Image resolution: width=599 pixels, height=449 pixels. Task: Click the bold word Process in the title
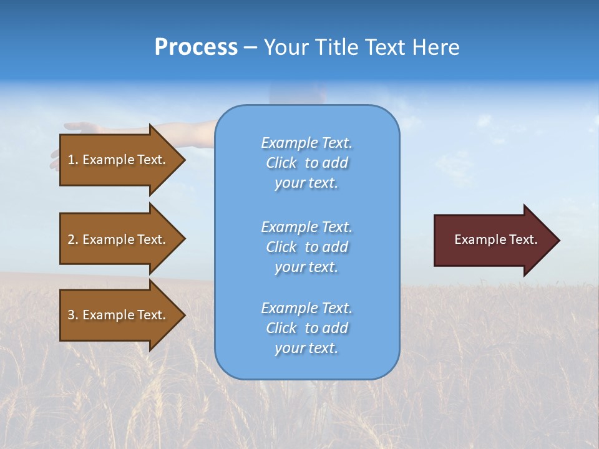196,47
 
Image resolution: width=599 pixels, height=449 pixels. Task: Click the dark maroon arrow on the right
490,239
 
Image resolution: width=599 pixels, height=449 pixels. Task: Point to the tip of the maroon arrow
558,240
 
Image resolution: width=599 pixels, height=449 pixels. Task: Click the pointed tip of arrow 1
183,160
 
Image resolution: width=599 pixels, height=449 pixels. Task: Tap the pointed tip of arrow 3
183,315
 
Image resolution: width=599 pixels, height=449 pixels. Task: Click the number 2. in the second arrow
72,239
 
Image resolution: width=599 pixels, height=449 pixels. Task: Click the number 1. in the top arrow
72,160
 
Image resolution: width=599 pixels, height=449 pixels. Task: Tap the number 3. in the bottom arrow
72,315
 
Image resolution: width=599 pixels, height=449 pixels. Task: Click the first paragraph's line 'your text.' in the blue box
306,183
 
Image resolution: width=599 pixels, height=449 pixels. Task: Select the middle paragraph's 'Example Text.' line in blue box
306,226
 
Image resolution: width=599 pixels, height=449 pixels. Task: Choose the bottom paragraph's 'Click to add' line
306,328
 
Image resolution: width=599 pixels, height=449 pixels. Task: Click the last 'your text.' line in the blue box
306,349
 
